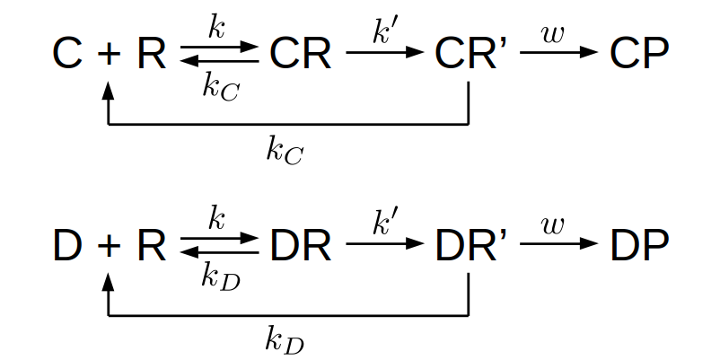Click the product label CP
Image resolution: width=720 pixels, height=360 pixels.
pos(639,55)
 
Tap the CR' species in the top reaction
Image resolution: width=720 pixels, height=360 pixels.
pos(470,55)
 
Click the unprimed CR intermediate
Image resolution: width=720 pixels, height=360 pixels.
pos(300,55)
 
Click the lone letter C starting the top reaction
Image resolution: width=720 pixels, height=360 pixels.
pos(67,55)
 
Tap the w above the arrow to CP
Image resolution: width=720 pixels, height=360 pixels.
pos(555,33)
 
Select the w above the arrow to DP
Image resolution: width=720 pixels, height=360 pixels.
pos(555,224)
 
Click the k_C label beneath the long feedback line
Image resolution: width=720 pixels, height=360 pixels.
pos(285,151)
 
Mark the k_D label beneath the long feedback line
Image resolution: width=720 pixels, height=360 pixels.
pos(285,340)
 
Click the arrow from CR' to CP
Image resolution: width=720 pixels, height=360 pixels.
pos(558,52)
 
